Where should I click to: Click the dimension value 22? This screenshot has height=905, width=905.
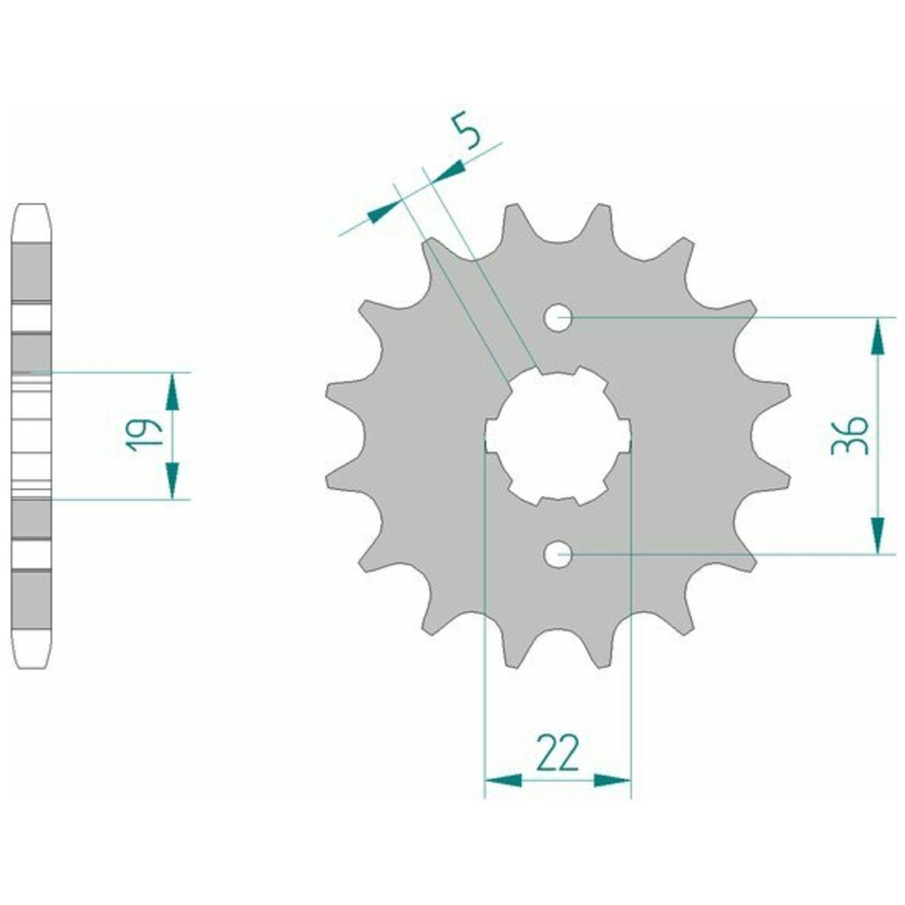pos(557,753)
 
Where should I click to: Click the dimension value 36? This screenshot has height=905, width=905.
pos(849,434)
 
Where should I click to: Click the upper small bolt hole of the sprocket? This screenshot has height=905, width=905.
pos(558,317)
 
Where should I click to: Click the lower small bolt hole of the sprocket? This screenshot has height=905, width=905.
pos(558,553)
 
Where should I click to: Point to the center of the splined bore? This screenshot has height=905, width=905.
pos(558,436)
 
